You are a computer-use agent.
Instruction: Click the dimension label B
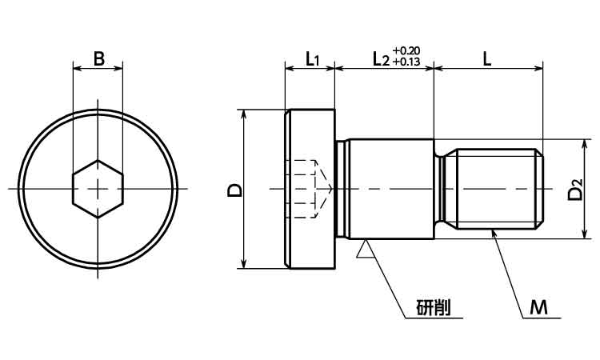98,59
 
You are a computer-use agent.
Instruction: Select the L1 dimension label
312,60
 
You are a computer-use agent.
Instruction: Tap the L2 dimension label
381,60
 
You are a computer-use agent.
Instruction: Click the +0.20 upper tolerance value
406,50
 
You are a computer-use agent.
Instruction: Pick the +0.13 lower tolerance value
406,62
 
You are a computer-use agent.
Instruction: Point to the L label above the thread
486,59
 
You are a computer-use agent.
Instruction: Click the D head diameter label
234,190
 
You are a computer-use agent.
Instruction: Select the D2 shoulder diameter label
575,190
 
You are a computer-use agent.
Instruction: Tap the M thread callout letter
538,307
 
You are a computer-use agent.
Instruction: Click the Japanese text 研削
433,307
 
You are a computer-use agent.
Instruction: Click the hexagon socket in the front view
98,189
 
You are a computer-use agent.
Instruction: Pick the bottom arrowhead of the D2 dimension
584,234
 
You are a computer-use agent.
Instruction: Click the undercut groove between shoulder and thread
441,189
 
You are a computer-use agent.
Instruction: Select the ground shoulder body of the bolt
391,189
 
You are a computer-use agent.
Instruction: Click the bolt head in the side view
310,189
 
